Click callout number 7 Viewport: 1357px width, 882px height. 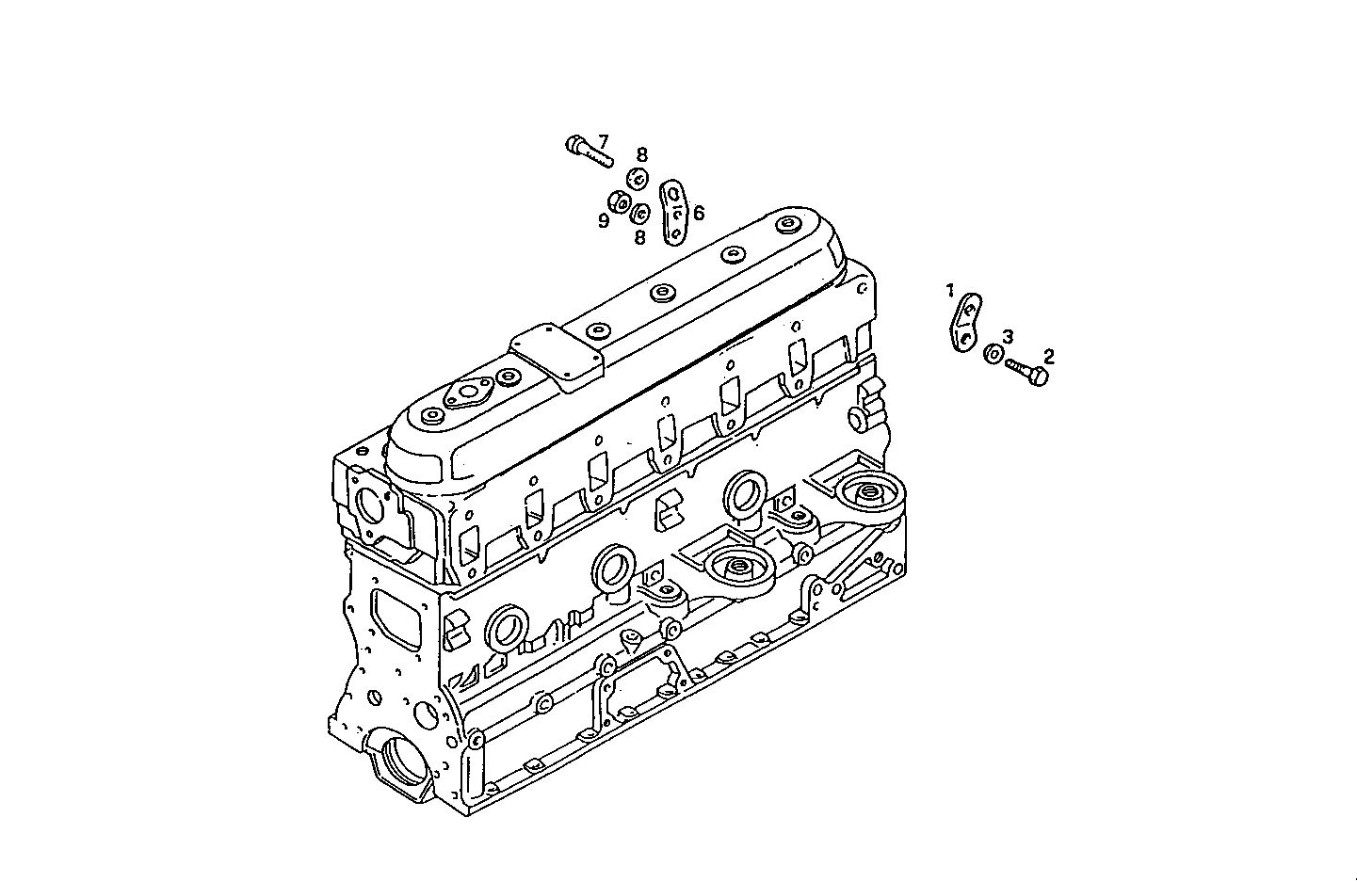pyautogui.click(x=603, y=141)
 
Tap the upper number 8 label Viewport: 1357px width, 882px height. pyautogui.click(x=640, y=155)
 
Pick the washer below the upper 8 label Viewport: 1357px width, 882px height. pyautogui.click(x=638, y=177)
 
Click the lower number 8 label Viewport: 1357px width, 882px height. pyautogui.click(x=639, y=237)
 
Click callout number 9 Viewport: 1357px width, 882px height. pyautogui.click(x=604, y=221)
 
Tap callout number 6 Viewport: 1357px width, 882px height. pyautogui.click(x=698, y=214)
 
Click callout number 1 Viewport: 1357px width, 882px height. pyautogui.click(x=951, y=290)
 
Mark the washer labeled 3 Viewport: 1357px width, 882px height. pyautogui.click(x=993, y=355)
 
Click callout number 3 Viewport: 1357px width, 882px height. pyautogui.click(x=1008, y=337)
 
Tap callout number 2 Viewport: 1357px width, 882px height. pyautogui.click(x=1048, y=356)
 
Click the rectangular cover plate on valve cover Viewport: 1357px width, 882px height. pyautogui.click(x=556, y=358)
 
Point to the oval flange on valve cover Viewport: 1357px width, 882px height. pyautogui.click(x=463, y=394)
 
